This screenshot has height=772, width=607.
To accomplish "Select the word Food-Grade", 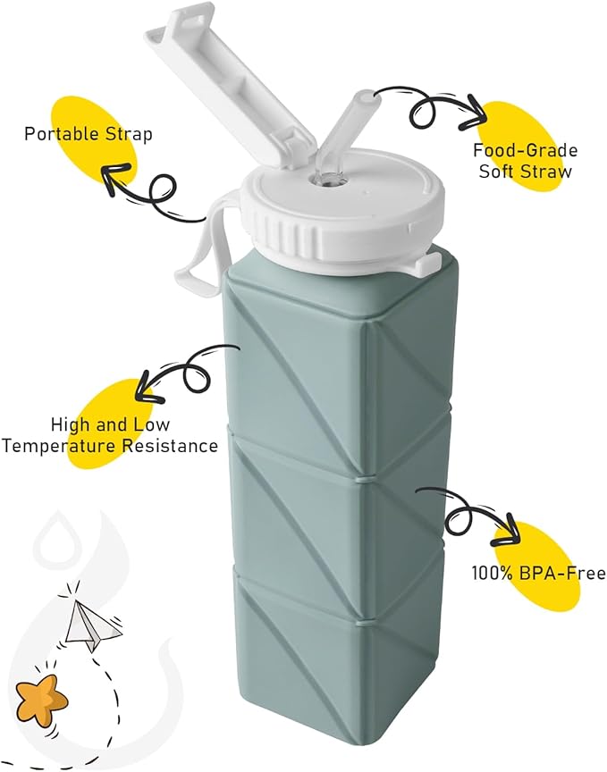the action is coord(526,150).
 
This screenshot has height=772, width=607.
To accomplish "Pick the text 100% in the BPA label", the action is coord(488,573).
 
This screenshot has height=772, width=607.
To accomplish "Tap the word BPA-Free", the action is coord(557,573).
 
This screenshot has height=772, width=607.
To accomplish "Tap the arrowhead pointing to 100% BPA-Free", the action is coord(507,531).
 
